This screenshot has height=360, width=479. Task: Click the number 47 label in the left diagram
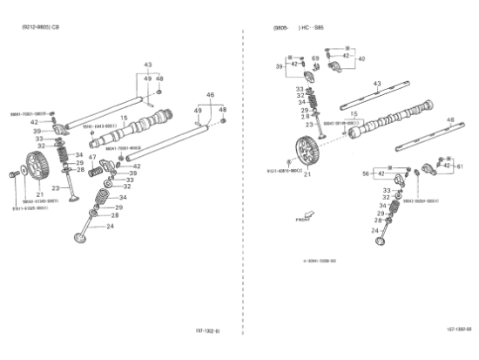coord(92,158)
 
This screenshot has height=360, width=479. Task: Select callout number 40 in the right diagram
coord(361,58)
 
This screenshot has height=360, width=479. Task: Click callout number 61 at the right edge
coord(461,166)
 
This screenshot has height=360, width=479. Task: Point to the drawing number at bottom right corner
coord(458,329)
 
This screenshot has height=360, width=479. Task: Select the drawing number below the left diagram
coord(207,330)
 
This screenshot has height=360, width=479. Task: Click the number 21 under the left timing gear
coord(40,194)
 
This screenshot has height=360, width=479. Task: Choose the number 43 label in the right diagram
coord(377,84)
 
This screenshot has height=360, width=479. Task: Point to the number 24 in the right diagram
coord(375,231)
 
